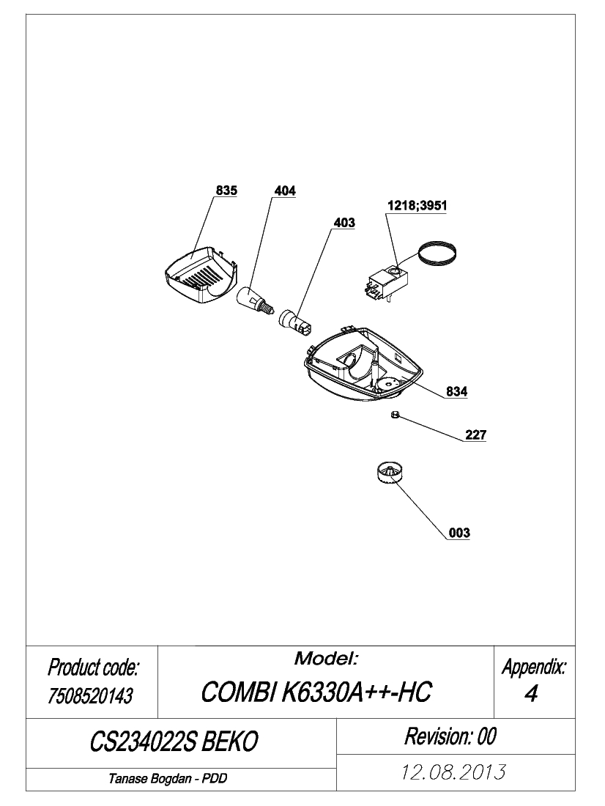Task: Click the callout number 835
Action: click(226, 191)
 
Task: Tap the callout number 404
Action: click(285, 191)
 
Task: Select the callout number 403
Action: click(344, 223)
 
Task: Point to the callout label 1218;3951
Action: click(417, 206)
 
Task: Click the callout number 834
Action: click(456, 392)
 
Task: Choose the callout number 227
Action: click(475, 435)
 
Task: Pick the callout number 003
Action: click(459, 533)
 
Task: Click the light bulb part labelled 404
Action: click(253, 303)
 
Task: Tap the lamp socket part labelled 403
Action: click(294, 324)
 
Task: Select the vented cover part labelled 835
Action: click(201, 275)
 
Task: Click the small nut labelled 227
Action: click(395, 414)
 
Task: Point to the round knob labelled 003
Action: click(389, 473)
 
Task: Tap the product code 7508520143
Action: click(91, 696)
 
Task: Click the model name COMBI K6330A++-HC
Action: click(316, 692)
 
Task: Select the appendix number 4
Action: click(532, 693)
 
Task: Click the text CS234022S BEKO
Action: click(174, 742)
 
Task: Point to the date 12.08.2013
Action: click(453, 772)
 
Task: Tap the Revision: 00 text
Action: click(450, 736)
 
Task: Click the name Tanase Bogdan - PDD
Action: click(168, 779)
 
